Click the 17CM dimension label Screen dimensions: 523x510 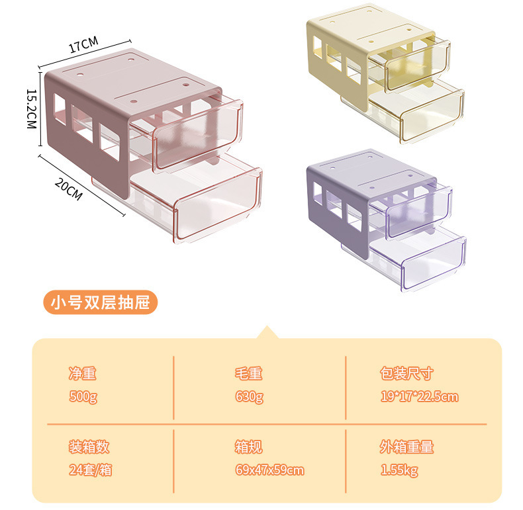[x=83, y=46]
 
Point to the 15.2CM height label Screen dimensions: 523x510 [x=31, y=109]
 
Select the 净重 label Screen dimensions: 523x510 [x=83, y=374]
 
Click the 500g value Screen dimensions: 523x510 [x=83, y=397]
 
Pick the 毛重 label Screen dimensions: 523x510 [x=249, y=374]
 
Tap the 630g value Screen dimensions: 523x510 [x=249, y=397]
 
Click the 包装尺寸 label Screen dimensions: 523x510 [x=406, y=374]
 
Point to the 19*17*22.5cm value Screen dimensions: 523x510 [x=419, y=397]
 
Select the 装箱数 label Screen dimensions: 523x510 [x=89, y=447]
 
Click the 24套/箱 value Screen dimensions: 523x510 [x=91, y=470]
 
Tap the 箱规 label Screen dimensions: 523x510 [x=249, y=447]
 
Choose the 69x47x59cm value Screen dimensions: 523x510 [x=269, y=470]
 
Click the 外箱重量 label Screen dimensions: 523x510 [x=406, y=447]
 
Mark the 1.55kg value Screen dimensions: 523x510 [x=399, y=470]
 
